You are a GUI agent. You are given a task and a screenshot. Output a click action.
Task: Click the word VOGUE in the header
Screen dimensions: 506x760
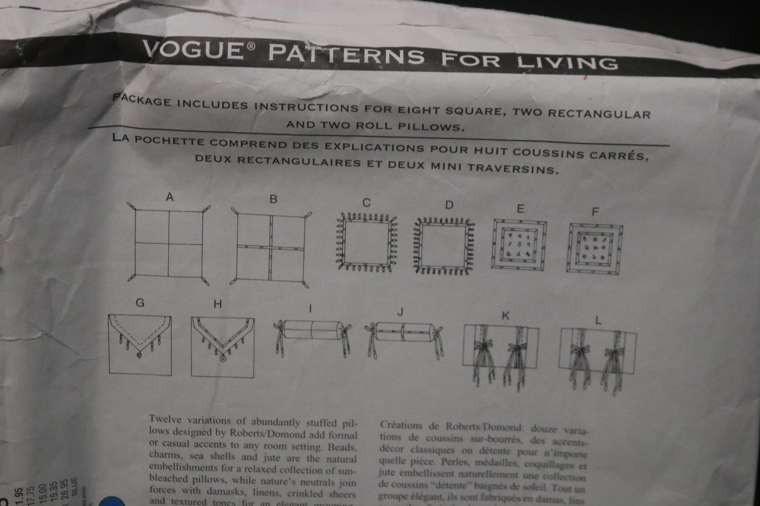pos(191,50)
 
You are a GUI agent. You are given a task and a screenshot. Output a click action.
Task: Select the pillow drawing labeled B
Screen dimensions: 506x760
pos(271,247)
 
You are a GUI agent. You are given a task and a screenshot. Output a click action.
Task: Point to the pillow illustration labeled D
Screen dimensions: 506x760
pos(445,245)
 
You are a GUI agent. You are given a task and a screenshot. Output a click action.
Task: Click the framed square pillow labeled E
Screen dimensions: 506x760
pos(519,244)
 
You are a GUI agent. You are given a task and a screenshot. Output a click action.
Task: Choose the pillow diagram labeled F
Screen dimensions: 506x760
pos(595,248)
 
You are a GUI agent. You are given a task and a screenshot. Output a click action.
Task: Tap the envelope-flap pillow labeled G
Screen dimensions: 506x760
pos(140,344)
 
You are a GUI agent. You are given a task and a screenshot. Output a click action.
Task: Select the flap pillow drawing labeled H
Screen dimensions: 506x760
pos(222,347)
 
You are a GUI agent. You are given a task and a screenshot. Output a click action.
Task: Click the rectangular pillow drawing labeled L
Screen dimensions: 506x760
pos(597,352)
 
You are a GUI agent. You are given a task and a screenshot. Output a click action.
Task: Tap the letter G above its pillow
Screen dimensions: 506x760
pos(140,303)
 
